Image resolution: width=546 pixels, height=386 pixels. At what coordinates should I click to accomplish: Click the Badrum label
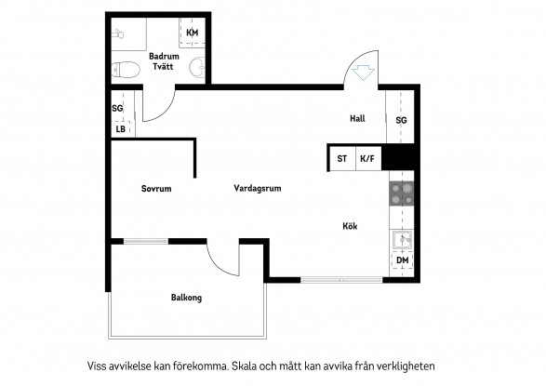tap(164, 56)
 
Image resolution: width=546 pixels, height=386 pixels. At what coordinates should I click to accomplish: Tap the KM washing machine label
tap(193, 33)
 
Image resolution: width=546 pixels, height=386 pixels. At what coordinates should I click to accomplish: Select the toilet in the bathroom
tap(126, 69)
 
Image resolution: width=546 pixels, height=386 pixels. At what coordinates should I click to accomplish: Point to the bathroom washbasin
tap(197, 67)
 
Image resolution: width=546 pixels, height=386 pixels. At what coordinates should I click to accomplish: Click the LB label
tap(121, 129)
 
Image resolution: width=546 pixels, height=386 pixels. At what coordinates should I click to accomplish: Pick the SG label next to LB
tap(117, 108)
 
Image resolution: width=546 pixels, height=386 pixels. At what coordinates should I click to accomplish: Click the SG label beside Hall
tap(401, 120)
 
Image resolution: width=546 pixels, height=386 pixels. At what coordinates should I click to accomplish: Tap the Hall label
tap(357, 118)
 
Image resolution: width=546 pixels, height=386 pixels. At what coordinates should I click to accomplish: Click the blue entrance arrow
tap(363, 73)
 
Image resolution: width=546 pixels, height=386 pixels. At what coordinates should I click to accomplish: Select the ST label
tap(341, 159)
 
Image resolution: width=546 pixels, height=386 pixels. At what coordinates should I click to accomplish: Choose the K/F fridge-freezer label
tap(367, 159)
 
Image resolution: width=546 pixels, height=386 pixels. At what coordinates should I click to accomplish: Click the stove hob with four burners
tap(402, 193)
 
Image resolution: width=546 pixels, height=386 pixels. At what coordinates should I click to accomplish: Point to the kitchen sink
tap(402, 239)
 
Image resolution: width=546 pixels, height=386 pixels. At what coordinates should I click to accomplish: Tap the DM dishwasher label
tap(402, 260)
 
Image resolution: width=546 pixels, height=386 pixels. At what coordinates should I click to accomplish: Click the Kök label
tap(350, 226)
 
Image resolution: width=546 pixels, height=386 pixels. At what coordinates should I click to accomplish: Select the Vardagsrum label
tap(258, 188)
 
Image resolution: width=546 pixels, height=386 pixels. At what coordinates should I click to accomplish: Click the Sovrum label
tap(156, 189)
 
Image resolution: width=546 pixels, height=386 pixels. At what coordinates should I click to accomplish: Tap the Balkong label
tap(186, 298)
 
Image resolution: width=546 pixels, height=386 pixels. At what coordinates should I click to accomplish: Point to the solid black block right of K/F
tap(398, 157)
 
